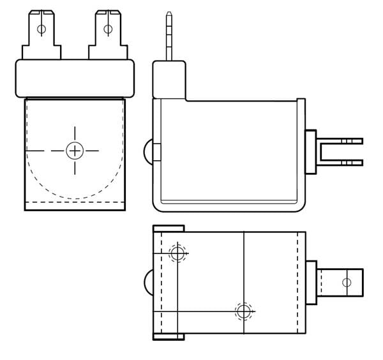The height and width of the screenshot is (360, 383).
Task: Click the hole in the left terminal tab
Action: pos(41,29)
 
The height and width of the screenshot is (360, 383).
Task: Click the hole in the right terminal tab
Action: pos(108,29)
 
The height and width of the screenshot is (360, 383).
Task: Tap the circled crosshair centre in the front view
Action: pos(75,151)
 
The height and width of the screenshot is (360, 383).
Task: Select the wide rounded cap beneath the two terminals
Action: pos(75,79)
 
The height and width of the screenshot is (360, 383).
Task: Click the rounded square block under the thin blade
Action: pos(169,80)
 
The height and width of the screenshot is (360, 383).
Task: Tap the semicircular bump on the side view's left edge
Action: pos(149,152)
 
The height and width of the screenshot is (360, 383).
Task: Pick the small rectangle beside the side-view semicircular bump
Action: pos(156,152)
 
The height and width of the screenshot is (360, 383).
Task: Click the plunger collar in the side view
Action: pos(310,152)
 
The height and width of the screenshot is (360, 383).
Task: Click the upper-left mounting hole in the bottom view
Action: pos(177,253)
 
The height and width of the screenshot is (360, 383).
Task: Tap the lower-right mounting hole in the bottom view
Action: pos(243,311)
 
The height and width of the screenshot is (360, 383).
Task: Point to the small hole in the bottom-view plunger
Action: pos(347,282)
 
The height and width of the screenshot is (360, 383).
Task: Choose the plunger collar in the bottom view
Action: pos(311,282)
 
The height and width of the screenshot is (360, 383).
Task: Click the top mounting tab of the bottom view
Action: pos(169,229)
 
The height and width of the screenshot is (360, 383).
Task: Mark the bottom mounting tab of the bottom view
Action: pos(169,336)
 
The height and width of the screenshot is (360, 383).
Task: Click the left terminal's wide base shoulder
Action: pos(41,52)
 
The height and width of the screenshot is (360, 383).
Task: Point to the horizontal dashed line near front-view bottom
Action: pos(75,202)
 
